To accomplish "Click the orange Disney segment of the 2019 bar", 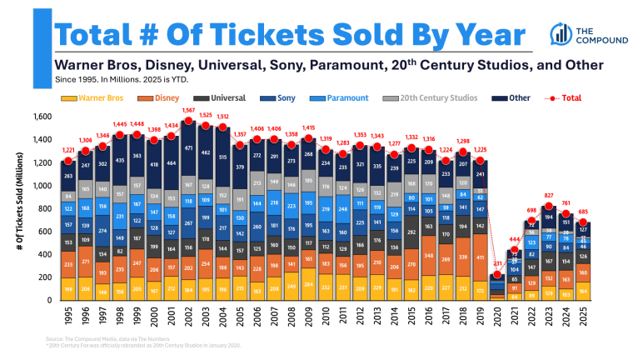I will point(479,258).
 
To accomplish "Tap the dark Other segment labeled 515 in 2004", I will point(222,157).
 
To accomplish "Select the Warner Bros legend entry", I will point(96,98).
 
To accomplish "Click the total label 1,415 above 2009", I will point(309,127).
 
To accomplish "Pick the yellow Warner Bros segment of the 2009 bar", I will point(309,283).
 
